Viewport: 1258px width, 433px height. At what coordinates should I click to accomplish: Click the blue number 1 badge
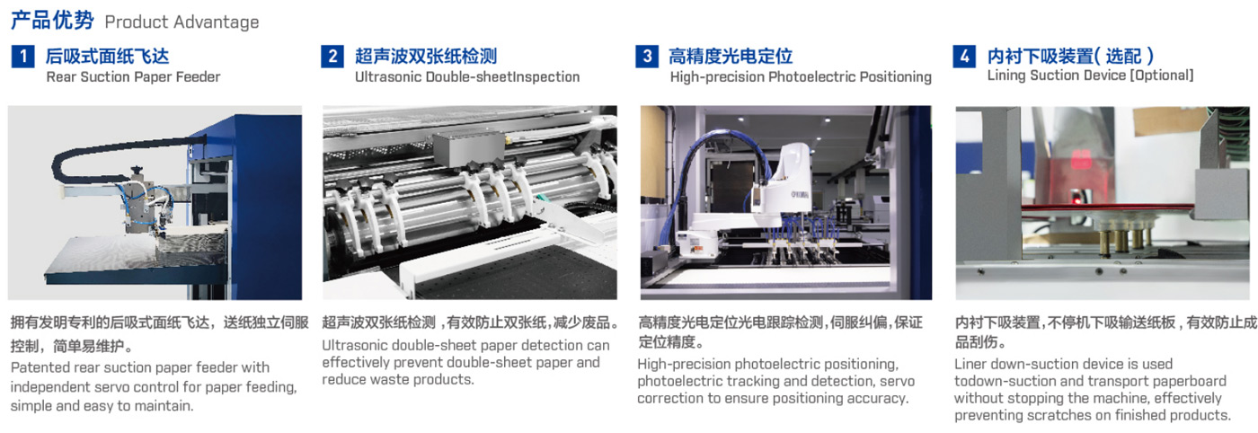pos(22,57)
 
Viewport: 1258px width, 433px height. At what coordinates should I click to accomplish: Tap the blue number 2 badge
pos(332,57)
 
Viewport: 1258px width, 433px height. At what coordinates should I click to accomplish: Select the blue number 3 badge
pos(647,57)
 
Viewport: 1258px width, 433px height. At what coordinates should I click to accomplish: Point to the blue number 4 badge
pos(964,57)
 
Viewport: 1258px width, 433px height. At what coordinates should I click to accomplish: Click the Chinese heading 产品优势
pos(52,21)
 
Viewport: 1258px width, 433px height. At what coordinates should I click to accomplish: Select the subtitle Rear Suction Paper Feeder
pos(133,76)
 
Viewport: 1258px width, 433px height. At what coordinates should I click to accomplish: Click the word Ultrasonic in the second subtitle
pos(388,76)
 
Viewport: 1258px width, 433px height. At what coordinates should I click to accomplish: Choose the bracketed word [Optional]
pos(1161,75)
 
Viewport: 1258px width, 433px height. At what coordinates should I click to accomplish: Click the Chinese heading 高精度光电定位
pos(731,57)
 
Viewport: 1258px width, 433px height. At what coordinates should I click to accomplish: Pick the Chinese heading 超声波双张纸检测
pos(426,57)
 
